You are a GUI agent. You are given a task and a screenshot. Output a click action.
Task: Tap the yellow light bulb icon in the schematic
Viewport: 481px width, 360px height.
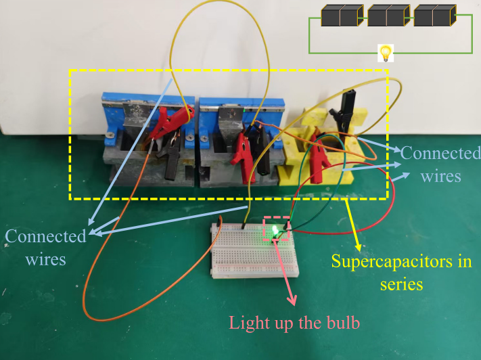coord(385,52)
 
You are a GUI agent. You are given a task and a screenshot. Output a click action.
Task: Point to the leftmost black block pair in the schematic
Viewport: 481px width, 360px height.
coord(342,16)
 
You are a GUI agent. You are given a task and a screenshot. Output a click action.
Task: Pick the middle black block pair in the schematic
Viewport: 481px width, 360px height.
coord(388,16)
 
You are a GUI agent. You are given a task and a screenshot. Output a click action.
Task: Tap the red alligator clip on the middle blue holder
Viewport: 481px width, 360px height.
coord(242,149)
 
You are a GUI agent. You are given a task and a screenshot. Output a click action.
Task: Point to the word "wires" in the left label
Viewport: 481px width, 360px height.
coord(46,258)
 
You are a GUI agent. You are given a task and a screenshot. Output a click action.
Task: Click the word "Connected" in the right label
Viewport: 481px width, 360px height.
coord(440,153)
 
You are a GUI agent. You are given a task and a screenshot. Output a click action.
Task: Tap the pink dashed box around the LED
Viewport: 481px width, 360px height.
coord(276,229)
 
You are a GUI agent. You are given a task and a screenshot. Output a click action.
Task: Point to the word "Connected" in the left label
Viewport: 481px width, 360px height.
coord(46,236)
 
